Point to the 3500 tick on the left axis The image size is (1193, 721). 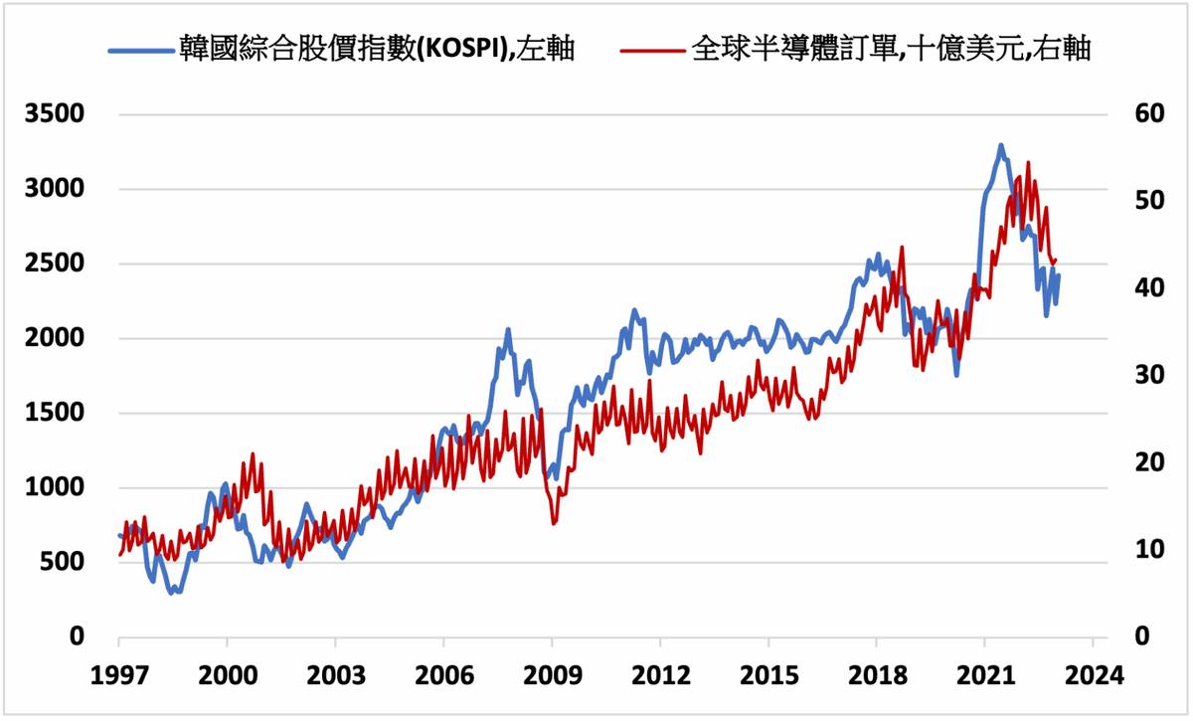coord(58,114)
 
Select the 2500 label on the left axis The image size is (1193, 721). coord(58,265)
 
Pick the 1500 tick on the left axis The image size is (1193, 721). coord(58,414)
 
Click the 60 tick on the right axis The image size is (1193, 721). coord(1145,114)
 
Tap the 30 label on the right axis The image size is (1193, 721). coord(1145,376)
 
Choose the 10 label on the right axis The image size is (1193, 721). coord(1145,550)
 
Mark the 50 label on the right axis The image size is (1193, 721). coord(1145,202)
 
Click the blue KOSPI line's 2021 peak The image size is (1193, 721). coord(1001,146)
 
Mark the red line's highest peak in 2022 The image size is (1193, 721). coord(1028,162)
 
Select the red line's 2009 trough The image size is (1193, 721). coord(554,523)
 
